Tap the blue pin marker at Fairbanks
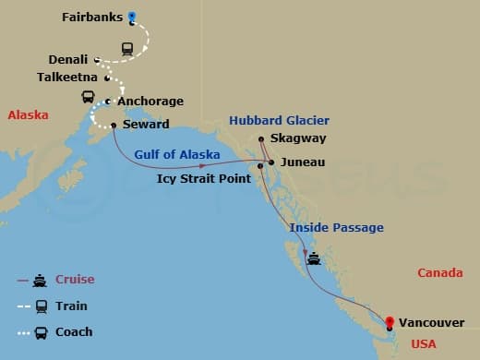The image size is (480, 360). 132,17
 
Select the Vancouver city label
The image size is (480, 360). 432,322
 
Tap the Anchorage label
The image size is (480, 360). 150,101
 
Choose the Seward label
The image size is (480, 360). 143,125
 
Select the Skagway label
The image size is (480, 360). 299,140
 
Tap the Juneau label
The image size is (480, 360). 302,162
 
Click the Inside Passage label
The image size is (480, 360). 336,227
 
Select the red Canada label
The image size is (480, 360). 439,273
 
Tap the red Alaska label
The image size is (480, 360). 28,115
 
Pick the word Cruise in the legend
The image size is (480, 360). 75,280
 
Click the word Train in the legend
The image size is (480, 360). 71,306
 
